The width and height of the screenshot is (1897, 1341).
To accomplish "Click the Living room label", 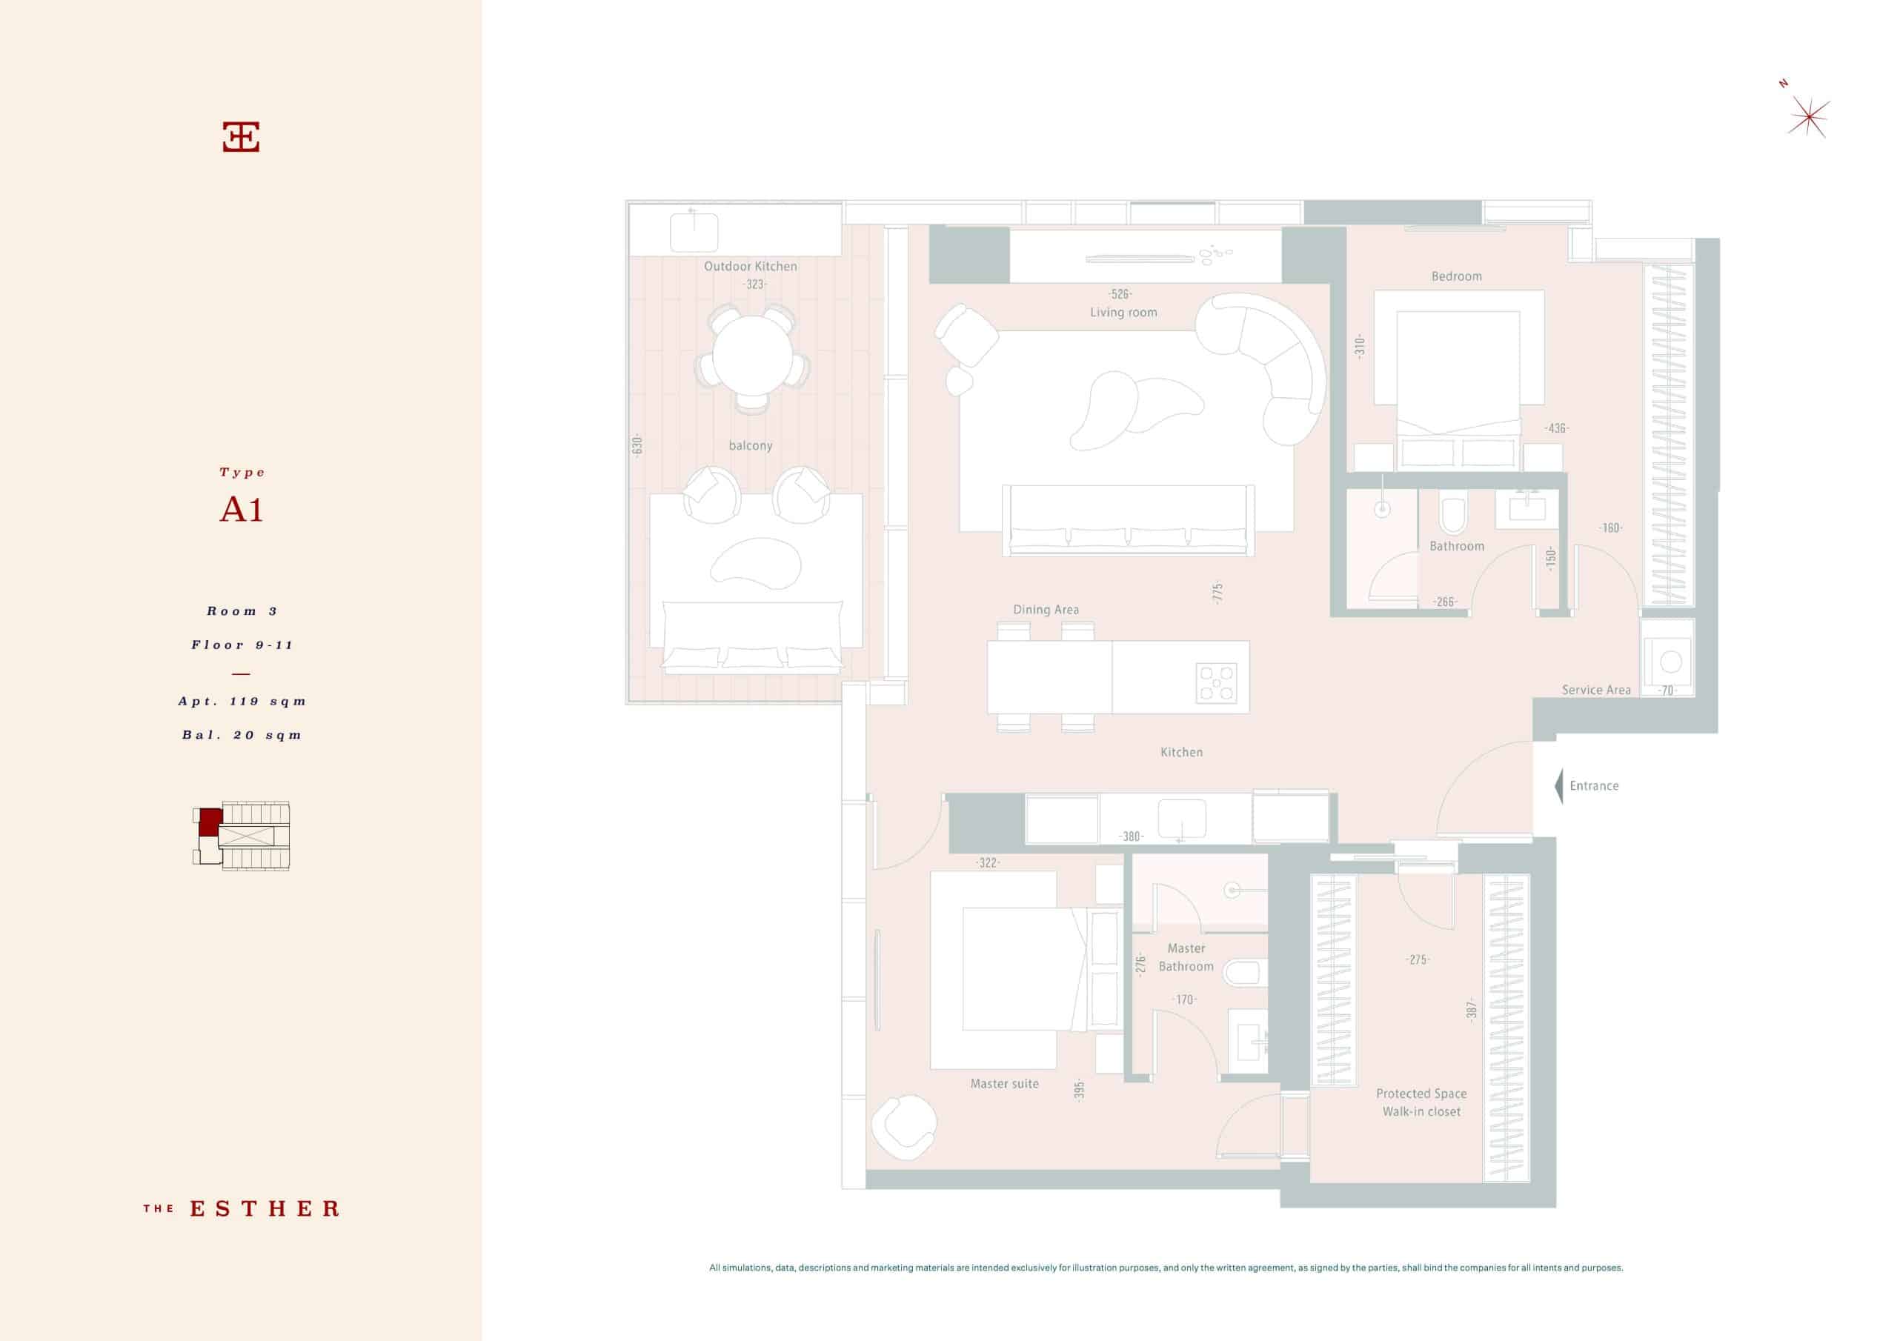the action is tap(1123, 313).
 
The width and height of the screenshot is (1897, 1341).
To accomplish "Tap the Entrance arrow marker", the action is tap(1559, 786).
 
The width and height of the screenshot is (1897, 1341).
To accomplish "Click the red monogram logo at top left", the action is tap(242, 137).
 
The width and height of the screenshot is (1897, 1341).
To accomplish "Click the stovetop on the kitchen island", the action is tap(1216, 682).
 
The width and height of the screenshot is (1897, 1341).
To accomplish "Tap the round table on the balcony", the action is tap(752, 356).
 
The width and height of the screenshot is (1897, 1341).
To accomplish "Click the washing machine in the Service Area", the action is tap(1667, 661).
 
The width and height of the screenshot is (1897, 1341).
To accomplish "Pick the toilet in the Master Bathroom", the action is tap(1245, 973).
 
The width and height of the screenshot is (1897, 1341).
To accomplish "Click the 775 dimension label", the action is tap(1217, 593).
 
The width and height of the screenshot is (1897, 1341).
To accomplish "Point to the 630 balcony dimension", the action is tap(637, 445).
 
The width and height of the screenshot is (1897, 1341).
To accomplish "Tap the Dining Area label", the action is tap(1046, 610).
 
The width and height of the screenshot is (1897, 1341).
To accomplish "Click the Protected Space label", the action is tap(1421, 1093).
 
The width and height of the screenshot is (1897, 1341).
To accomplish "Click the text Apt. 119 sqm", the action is tap(242, 702).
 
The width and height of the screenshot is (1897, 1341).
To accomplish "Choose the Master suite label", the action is tap(1005, 1083).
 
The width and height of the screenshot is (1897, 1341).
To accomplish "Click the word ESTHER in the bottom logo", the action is tap(265, 1209).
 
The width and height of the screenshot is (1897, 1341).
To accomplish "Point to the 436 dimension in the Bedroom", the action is tap(1557, 428).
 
